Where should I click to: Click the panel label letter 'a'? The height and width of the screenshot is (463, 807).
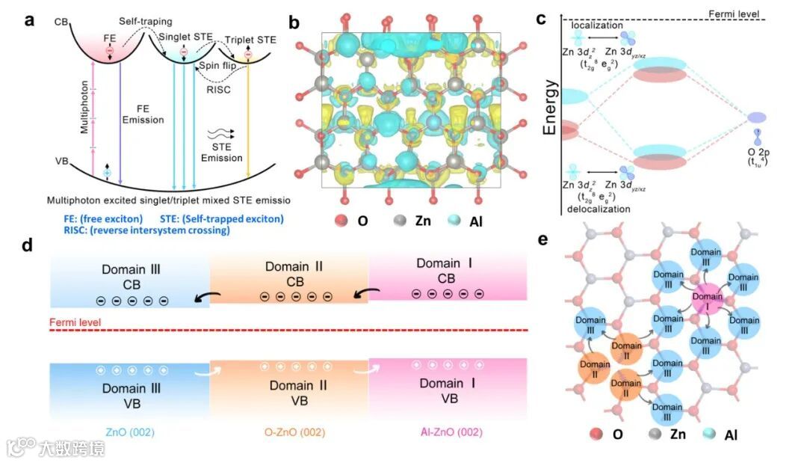click(30, 20)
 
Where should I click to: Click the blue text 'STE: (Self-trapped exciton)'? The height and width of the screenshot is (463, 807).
click(221, 218)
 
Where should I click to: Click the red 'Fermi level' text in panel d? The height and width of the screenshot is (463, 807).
click(75, 323)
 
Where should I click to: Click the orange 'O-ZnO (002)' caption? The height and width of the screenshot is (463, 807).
click(289, 432)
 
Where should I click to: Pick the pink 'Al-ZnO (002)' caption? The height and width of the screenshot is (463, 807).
click(448, 432)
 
